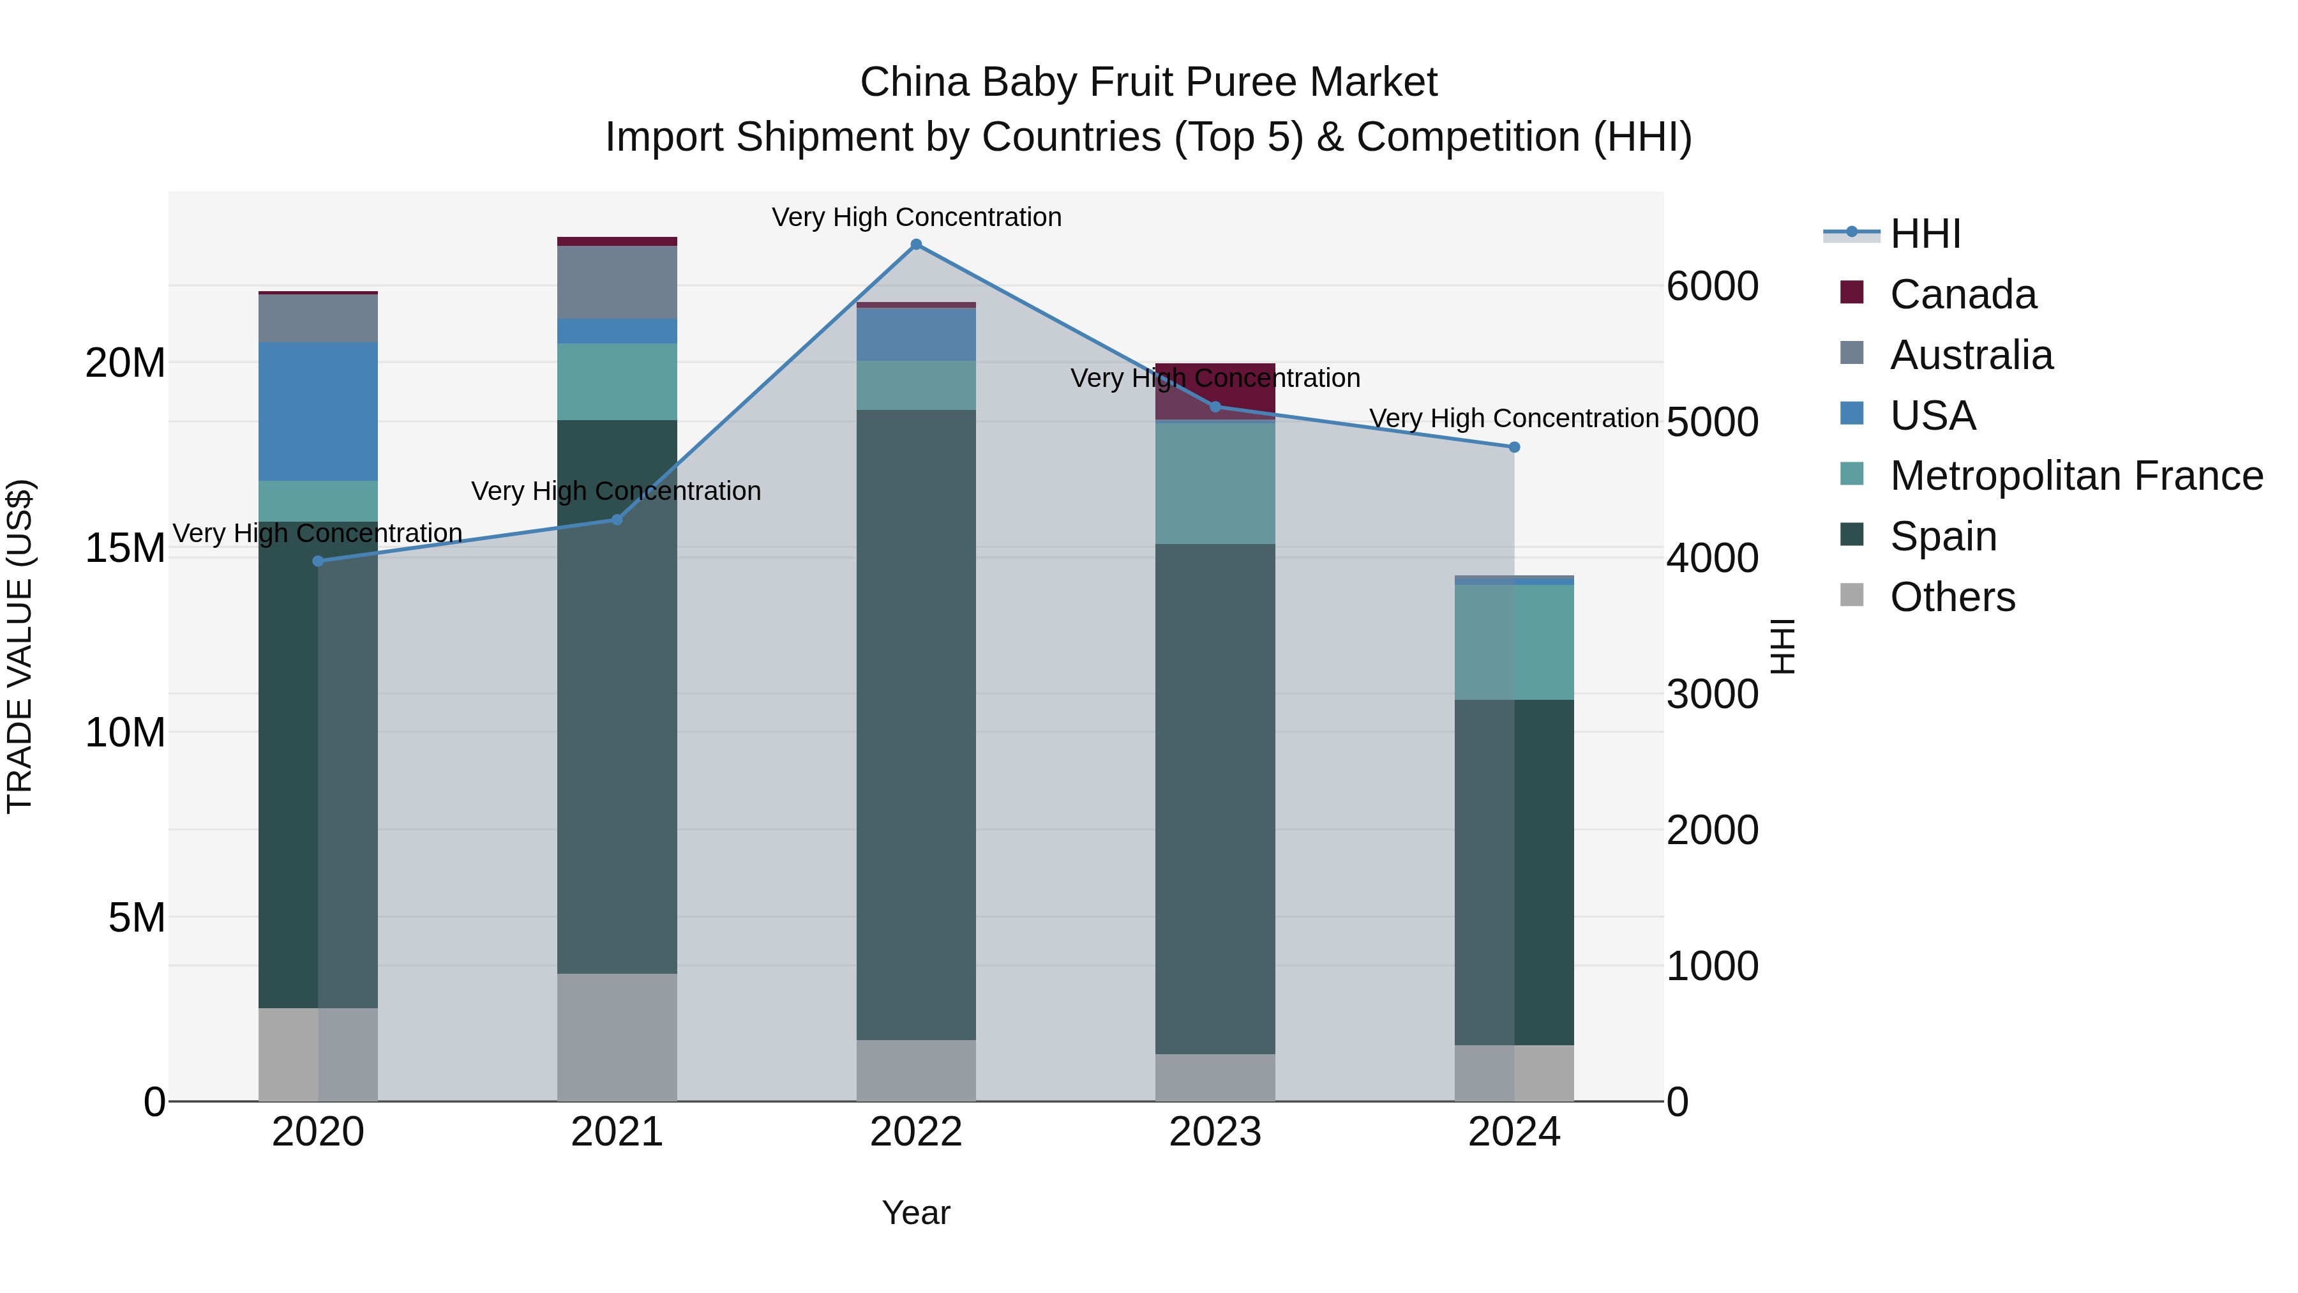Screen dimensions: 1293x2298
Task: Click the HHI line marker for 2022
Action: (916, 245)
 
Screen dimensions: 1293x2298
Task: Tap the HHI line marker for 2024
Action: (1514, 447)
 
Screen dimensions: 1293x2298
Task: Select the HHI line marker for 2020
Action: (319, 561)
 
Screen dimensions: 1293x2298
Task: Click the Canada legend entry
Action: (1963, 294)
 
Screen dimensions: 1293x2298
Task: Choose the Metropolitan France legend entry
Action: (2076, 476)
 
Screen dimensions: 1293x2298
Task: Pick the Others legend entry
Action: (1952, 597)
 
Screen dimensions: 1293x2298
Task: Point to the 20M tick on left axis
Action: (125, 363)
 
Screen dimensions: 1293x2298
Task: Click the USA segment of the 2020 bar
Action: (319, 411)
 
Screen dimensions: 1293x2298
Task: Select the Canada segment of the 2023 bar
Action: (1215, 391)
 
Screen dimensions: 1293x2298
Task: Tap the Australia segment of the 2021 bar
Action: (617, 282)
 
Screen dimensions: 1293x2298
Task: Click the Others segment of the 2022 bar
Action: (916, 1070)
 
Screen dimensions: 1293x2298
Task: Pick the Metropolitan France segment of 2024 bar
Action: (1514, 642)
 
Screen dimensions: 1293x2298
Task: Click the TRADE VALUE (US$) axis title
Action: (20, 646)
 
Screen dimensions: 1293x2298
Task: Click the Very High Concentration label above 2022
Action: (916, 218)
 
